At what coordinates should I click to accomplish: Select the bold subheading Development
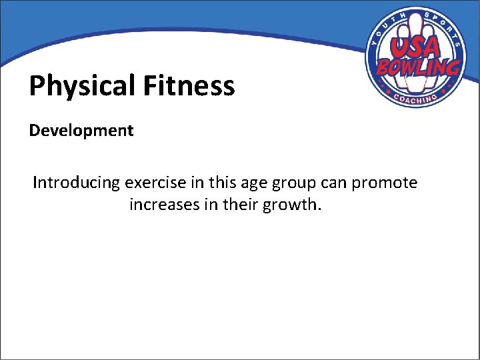[x=81, y=130]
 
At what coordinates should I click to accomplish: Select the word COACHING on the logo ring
[x=415, y=97]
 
